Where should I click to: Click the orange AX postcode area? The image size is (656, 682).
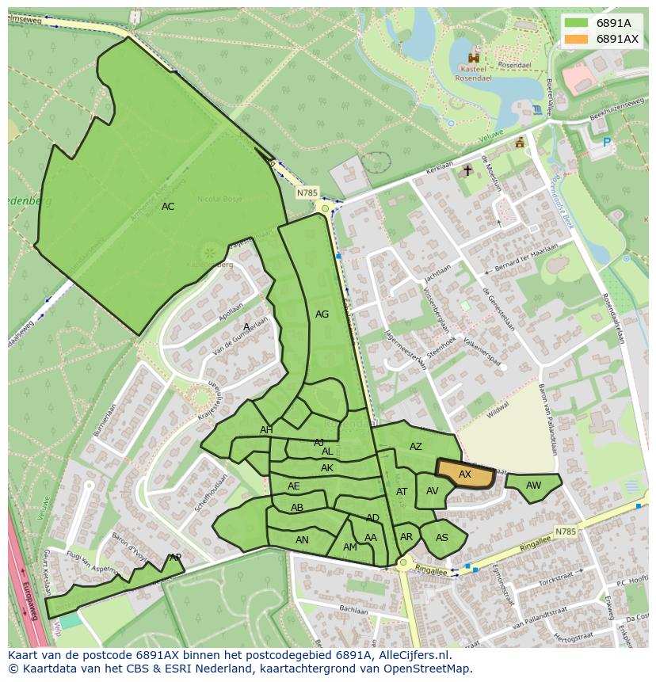tap(465, 474)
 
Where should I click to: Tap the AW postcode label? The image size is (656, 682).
tap(533, 486)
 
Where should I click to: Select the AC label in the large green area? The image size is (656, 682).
tap(168, 207)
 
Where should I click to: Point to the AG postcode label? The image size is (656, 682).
tap(322, 314)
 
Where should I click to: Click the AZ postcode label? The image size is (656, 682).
tap(416, 447)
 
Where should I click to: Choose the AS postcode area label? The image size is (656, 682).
tap(442, 538)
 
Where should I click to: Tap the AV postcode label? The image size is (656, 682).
tap(432, 491)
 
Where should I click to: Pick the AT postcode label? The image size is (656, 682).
tap(402, 492)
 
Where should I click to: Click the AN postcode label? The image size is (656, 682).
tap(302, 540)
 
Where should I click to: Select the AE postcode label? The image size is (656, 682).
tap(294, 486)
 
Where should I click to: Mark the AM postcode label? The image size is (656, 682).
tap(349, 547)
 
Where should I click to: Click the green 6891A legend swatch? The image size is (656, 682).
tap(576, 23)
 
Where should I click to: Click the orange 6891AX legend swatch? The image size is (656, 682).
tap(576, 39)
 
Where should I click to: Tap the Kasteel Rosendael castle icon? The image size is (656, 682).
tap(474, 57)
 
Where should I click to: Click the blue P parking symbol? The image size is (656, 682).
tap(607, 143)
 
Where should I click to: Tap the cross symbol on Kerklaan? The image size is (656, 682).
tap(467, 170)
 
